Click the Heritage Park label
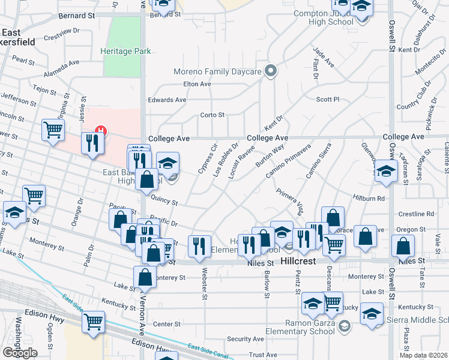tap(125, 52)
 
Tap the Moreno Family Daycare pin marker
tap(271, 71)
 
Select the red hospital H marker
tap(101, 130)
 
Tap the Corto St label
tap(212, 115)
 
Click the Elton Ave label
tap(197, 85)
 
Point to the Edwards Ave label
tap(167, 100)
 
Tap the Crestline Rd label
tap(417, 214)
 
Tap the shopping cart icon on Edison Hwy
tap(93, 322)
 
